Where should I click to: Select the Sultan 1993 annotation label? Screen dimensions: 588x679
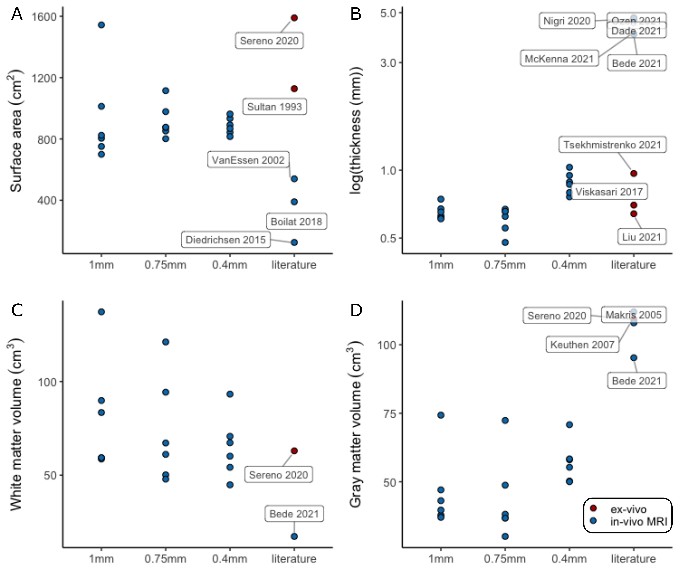pyautogui.click(x=274, y=107)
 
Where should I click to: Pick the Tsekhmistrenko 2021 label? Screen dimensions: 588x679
pyautogui.click(x=612, y=145)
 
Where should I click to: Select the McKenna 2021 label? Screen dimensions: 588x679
pyautogui.click(x=559, y=59)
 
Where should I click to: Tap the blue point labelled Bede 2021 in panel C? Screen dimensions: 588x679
pyautogui.click(x=294, y=536)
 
